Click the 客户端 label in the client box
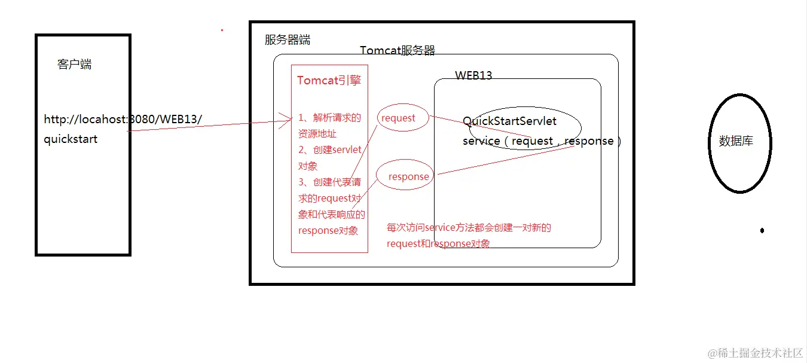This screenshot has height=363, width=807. [75, 65]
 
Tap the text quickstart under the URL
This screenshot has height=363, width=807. [71, 139]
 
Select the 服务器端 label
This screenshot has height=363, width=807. [288, 40]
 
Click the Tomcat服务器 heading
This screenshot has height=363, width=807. [398, 51]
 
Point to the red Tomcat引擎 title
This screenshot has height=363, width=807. [329, 81]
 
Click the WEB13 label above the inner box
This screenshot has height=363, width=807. [473, 75]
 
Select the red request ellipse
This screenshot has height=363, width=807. [403, 118]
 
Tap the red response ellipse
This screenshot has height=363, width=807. [405, 176]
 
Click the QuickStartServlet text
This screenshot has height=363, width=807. [509, 121]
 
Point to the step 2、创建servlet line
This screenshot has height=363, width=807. [329, 150]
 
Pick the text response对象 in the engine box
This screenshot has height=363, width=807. [328, 231]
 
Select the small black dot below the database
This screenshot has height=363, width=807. [762, 230]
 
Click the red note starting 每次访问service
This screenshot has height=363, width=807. [469, 228]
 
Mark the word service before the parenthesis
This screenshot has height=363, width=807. [481, 142]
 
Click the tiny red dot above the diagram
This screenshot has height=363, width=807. [222, 29]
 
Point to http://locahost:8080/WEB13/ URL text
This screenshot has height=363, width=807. [123, 120]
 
